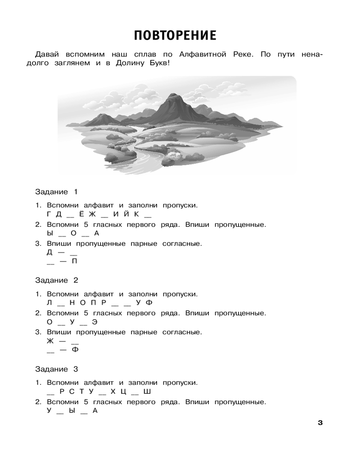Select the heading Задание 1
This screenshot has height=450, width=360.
point(57,192)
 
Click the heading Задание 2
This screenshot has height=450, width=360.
point(57,280)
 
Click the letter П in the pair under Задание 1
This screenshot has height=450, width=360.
point(74,261)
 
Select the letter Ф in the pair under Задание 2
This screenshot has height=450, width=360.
point(74,350)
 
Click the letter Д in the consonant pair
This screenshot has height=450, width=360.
point(49,252)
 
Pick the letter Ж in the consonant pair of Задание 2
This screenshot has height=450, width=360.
point(50,341)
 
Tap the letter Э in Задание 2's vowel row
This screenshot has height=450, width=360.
point(95,321)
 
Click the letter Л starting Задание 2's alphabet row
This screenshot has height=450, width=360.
point(49,302)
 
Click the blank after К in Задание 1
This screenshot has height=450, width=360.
point(149,216)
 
